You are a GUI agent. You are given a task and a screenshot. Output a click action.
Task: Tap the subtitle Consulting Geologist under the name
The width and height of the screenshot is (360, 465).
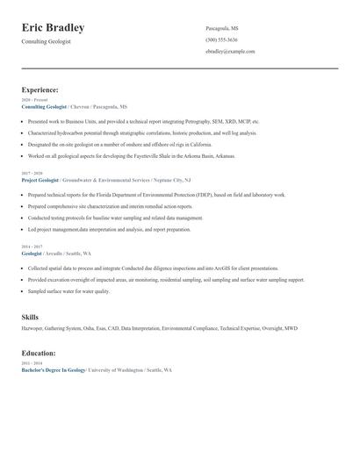click(x=47, y=41)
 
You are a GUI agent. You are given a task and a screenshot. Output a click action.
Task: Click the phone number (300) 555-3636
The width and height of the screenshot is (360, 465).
click(x=221, y=39)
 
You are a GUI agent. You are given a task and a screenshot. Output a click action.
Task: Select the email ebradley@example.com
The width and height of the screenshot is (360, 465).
click(x=230, y=51)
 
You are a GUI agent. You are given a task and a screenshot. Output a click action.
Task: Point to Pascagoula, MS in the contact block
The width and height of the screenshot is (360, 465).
click(x=222, y=28)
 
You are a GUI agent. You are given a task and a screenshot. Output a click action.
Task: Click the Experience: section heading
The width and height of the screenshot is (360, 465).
click(x=40, y=89)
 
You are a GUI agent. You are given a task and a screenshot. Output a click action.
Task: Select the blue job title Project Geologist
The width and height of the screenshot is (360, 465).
click(x=40, y=180)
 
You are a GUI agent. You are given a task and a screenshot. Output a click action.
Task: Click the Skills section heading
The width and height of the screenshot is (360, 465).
click(x=30, y=316)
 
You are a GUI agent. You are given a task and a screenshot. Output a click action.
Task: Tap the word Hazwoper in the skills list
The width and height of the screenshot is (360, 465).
click(x=33, y=328)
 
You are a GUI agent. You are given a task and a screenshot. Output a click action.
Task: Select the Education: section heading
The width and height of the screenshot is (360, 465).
click(x=39, y=353)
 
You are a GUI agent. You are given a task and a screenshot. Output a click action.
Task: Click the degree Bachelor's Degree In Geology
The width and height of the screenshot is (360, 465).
click(x=54, y=370)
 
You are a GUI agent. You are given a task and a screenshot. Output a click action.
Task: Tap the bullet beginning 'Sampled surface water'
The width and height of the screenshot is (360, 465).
click(x=68, y=291)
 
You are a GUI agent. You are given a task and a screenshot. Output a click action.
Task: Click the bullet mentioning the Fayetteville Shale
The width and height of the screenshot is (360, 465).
click(x=132, y=156)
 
